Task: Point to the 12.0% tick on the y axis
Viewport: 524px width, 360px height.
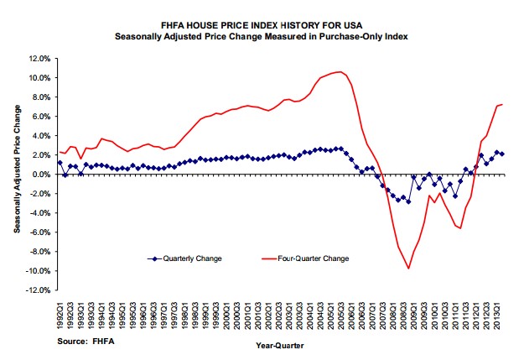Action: click(39, 59)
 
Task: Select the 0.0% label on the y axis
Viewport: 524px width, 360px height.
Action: click(41, 175)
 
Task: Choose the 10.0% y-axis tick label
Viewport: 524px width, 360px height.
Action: click(39, 78)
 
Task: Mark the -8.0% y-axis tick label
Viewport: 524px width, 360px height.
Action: click(39, 253)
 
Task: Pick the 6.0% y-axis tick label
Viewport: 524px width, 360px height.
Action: click(41, 117)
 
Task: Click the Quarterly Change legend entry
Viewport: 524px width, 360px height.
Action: click(189, 258)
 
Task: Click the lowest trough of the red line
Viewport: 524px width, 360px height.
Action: click(408, 269)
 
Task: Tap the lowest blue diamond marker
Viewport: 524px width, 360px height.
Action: click(408, 202)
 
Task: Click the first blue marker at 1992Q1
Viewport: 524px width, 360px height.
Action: click(60, 163)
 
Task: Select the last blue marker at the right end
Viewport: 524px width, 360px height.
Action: click(501, 154)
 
